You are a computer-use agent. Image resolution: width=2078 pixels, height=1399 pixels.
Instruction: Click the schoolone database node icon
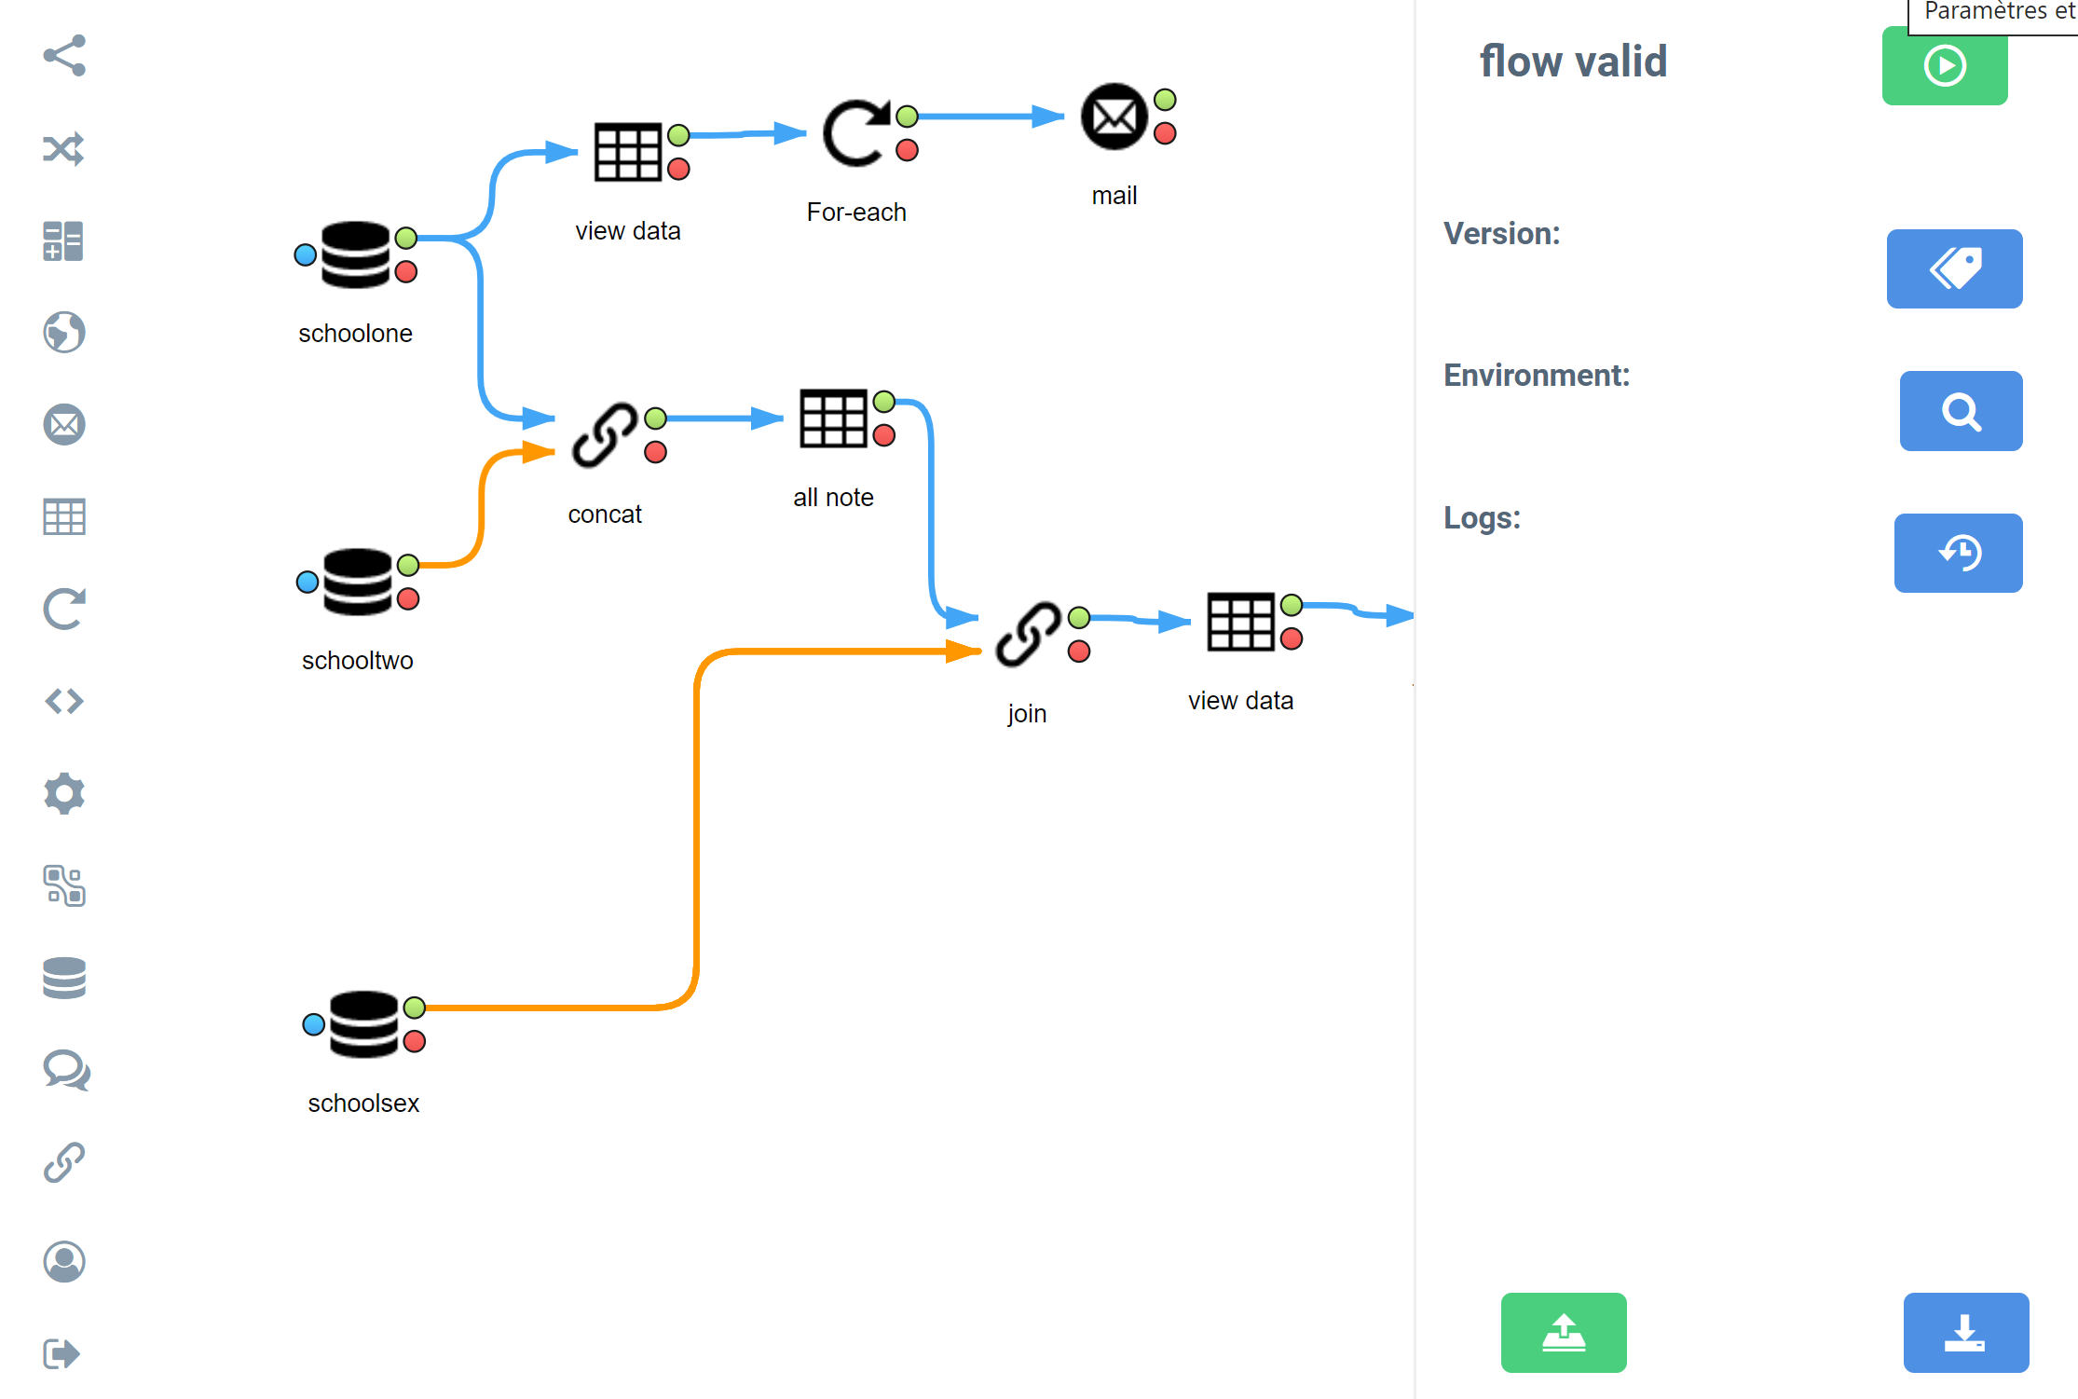[355, 254]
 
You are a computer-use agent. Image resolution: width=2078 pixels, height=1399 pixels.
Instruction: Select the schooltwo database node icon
[358, 582]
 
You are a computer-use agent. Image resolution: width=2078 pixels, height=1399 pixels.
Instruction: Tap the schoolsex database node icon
[363, 1024]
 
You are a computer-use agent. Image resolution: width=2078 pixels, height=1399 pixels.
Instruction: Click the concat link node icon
[605, 434]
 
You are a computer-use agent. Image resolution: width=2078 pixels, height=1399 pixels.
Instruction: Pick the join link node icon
[1028, 634]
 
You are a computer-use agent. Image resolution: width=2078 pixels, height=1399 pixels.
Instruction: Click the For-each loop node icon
[855, 133]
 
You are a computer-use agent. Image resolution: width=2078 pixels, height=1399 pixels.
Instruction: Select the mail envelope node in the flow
[1114, 117]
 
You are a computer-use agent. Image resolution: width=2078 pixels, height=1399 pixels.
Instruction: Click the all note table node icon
[833, 418]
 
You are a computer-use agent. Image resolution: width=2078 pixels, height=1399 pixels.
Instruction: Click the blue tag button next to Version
[1954, 268]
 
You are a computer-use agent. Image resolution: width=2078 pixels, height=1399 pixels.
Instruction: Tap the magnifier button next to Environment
[1961, 411]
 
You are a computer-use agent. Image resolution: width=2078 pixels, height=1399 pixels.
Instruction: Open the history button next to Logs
[1958, 553]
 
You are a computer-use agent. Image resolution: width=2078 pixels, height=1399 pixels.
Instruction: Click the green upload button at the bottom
[1564, 1332]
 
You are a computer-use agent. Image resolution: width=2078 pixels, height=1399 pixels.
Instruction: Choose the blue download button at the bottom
[1965, 1332]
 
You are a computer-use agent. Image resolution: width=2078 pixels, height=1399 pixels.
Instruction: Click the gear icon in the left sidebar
[64, 793]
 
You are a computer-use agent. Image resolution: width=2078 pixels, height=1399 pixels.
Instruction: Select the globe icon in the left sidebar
[64, 332]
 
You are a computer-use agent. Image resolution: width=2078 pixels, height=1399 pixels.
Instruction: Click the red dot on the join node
[1079, 651]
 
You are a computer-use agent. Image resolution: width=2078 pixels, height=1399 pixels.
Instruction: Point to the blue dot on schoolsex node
[314, 1024]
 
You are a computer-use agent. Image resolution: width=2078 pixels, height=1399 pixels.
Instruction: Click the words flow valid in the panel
[1573, 62]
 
